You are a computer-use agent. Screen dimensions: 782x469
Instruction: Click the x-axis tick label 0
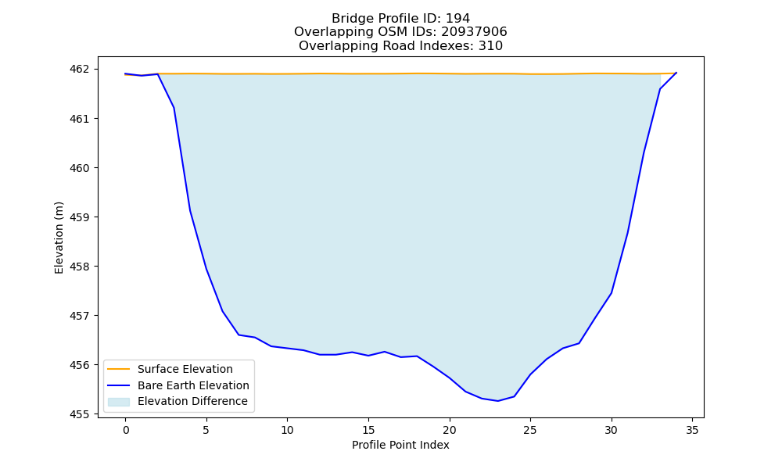(x=126, y=430)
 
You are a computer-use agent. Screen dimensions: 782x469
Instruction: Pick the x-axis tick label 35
(x=692, y=430)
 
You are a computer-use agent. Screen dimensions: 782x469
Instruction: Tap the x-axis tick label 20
(x=450, y=430)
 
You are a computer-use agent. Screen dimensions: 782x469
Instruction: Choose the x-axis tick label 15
(x=368, y=430)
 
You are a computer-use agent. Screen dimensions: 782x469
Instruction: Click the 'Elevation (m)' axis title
(x=59, y=238)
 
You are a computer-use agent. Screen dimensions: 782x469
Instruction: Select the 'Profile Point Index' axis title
(x=400, y=445)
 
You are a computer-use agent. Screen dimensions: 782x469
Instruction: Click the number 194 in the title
(x=457, y=19)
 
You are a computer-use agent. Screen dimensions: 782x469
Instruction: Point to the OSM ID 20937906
(x=474, y=32)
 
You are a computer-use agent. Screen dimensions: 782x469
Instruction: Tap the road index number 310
(x=491, y=46)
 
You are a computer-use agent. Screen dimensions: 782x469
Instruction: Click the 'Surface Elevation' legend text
(x=185, y=369)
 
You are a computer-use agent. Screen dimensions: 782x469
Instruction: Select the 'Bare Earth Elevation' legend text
(x=193, y=385)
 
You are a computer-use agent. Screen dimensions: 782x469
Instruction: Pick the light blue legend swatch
(x=119, y=402)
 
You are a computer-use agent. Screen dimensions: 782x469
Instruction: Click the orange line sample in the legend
(x=119, y=369)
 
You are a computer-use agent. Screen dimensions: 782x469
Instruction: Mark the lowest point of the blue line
(x=497, y=401)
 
